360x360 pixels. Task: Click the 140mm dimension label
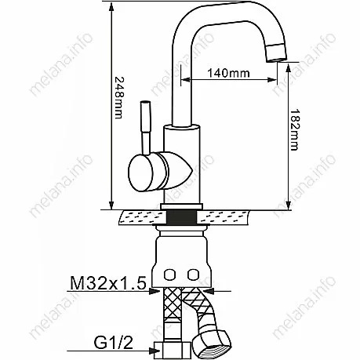coord(228,73)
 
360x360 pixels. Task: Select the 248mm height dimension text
coord(118,97)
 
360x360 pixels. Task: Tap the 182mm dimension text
coord(295,129)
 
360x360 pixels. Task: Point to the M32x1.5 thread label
coord(108,283)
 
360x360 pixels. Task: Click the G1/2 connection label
coord(113,343)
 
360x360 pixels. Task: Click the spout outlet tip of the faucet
coord(276,53)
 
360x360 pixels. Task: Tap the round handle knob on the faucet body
coord(140,173)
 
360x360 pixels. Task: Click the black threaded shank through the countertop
coord(182,217)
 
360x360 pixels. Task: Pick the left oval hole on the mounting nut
coord(169,275)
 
